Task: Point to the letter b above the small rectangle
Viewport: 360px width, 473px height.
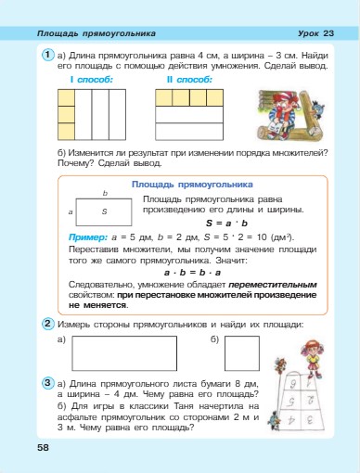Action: pyautogui.click(x=105, y=193)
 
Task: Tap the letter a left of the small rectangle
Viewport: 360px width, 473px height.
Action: pyautogui.click(x=71, y=213)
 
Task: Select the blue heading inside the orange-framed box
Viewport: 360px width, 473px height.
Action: pyautogui.click(x=192, y=184)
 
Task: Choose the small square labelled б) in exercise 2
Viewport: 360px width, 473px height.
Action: pyautogui.click(x=241, y=353)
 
